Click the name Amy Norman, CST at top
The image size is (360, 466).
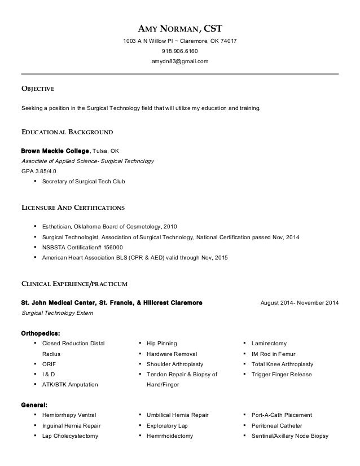coord(180,29)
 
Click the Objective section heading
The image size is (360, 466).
coord(37,89)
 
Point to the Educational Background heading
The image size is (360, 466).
coord(67,133)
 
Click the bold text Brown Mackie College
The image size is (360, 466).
coord(55,151)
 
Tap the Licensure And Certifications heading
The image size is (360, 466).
coord(73,207)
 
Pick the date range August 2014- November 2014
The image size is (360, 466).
coord(300,302)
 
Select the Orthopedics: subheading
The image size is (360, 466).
coord(41,332)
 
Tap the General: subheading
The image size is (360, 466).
coord(34,405)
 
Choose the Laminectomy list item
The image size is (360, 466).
coord(269,343)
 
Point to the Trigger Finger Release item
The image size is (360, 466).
coord(282,374)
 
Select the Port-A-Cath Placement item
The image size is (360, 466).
coord(282,415)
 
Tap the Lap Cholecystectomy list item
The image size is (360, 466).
coord(71,436)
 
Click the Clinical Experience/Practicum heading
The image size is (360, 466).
coord(74,282)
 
